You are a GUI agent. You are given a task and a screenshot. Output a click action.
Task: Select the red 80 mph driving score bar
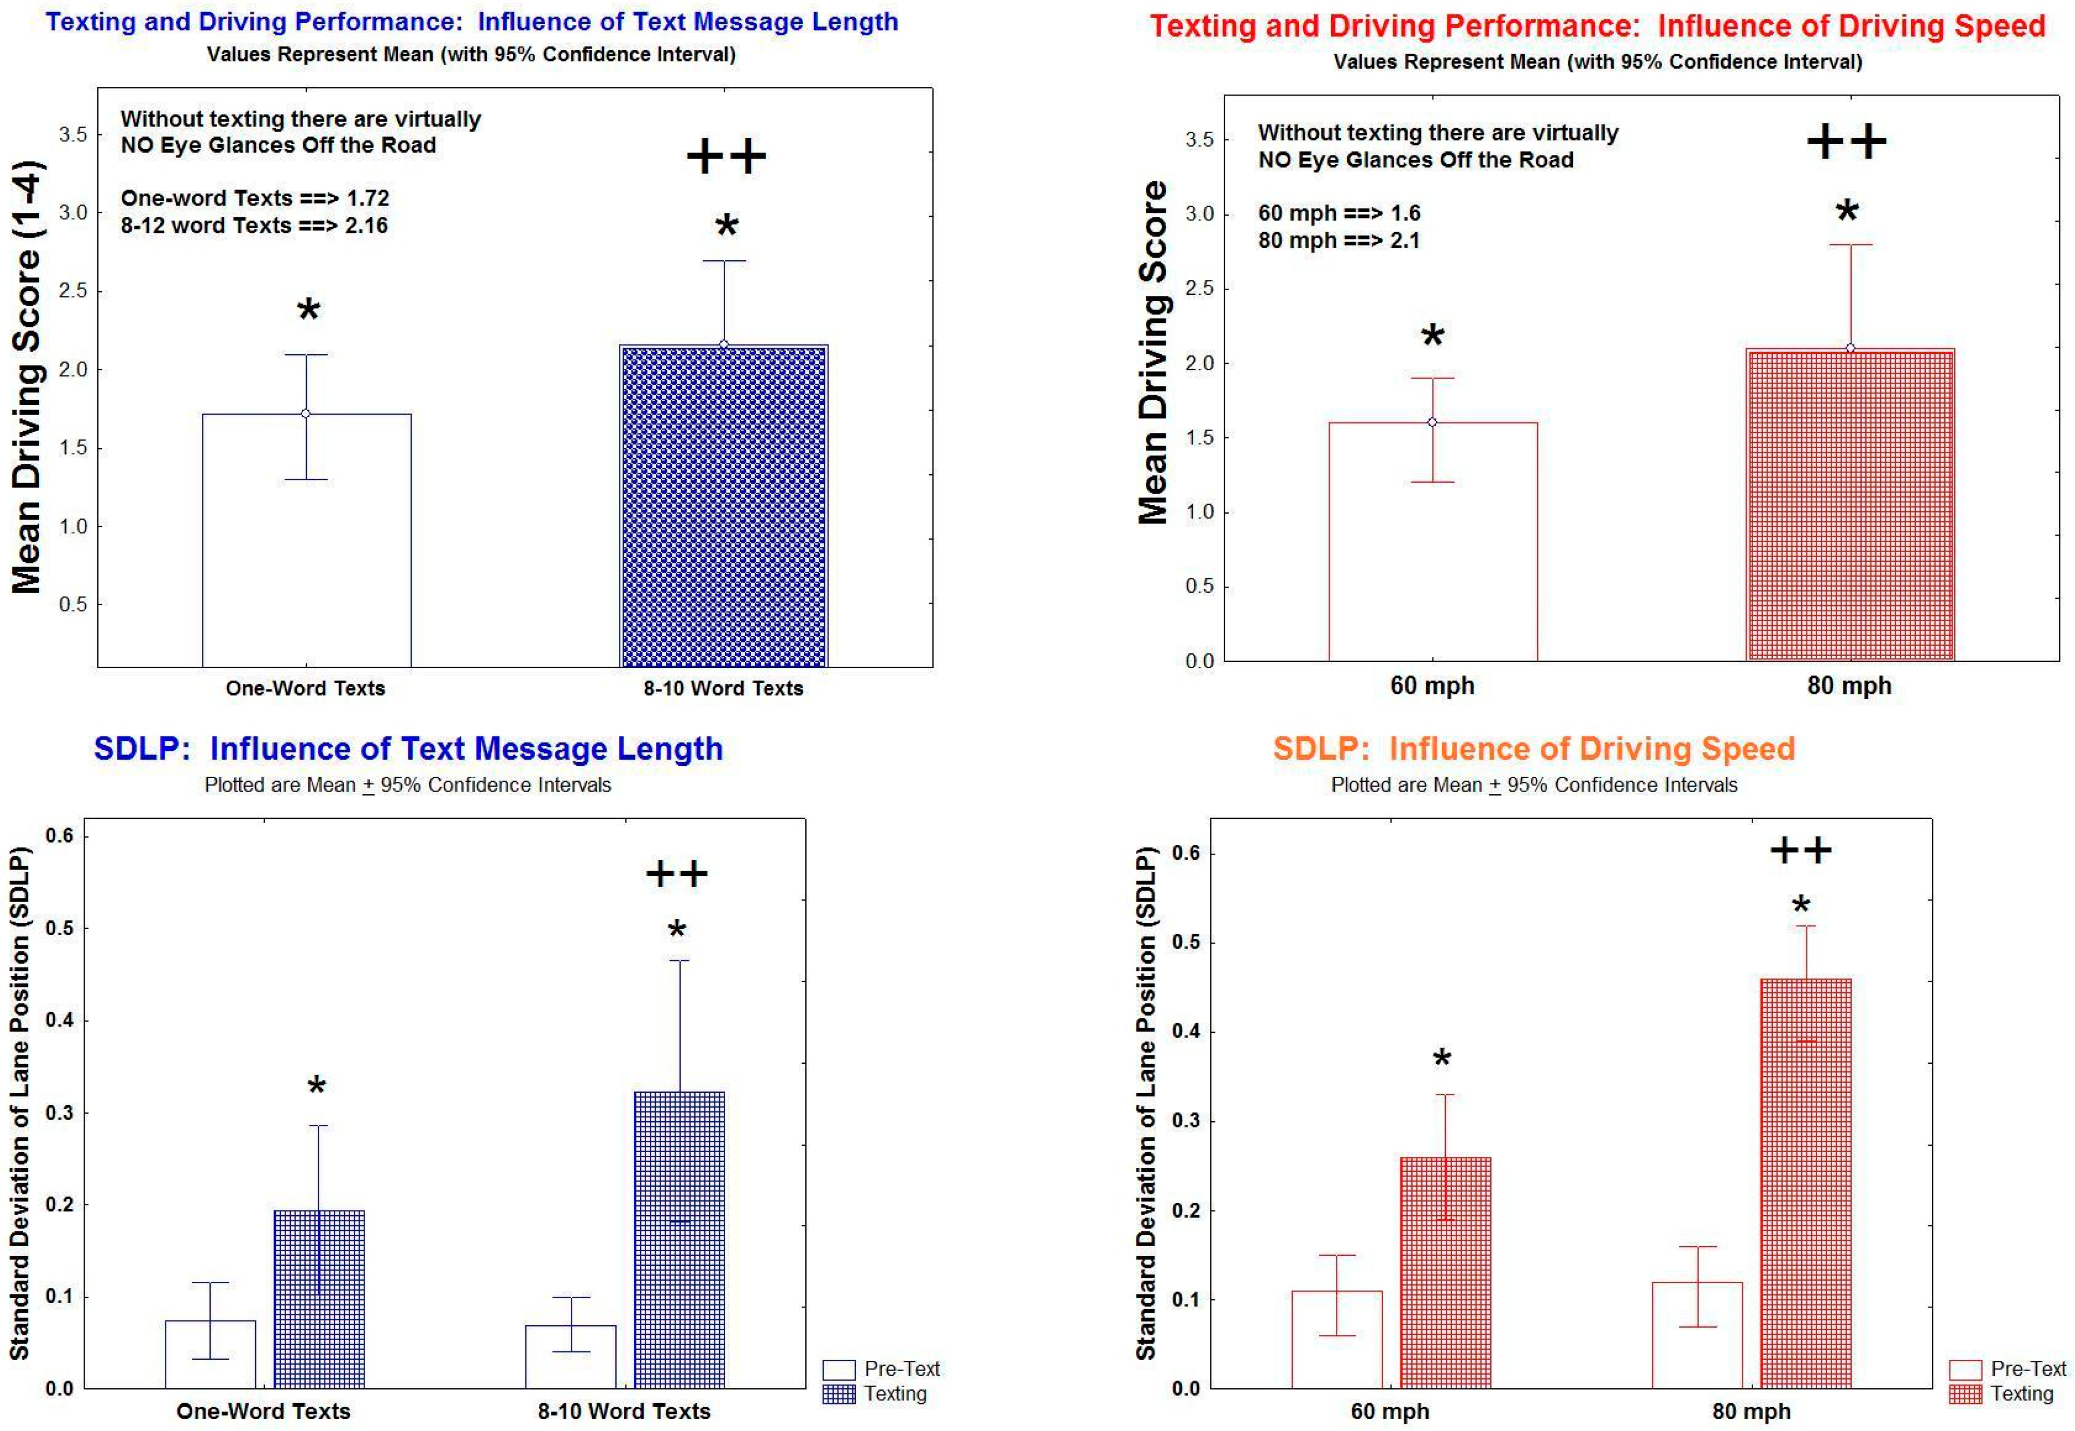coord(1850,505)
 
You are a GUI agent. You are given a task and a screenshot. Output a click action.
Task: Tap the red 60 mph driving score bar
coord(1433,542)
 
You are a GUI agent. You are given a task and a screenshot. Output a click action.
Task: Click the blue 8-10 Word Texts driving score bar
coord(724,506)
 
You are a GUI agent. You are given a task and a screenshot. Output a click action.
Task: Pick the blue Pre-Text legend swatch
coord(838,1369)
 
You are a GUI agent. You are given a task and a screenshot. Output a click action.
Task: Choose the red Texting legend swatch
coord(1964,1394)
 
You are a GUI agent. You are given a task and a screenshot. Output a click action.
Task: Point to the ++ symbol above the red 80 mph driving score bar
coord(1846,141)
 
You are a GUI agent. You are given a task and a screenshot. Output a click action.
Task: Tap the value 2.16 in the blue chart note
coord(367,225)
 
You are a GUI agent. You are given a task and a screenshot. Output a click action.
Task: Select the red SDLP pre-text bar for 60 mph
coord(1337,1340)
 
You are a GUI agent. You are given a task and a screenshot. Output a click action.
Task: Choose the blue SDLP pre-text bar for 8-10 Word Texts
coord(571,1357)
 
